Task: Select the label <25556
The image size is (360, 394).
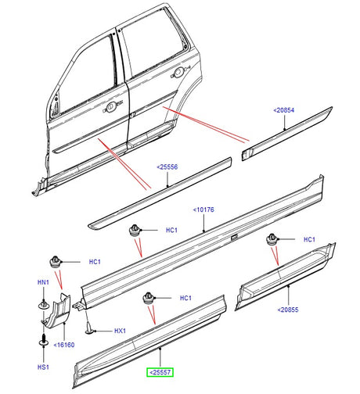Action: coord(167,167)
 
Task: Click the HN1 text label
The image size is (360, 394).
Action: coord(44,282)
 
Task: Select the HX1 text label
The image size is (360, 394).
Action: coord(120,331)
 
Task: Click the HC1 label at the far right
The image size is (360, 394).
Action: coord(308,239)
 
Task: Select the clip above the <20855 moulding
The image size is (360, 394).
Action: coord(272,238)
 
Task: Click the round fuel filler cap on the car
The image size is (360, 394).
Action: coord(179,72)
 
